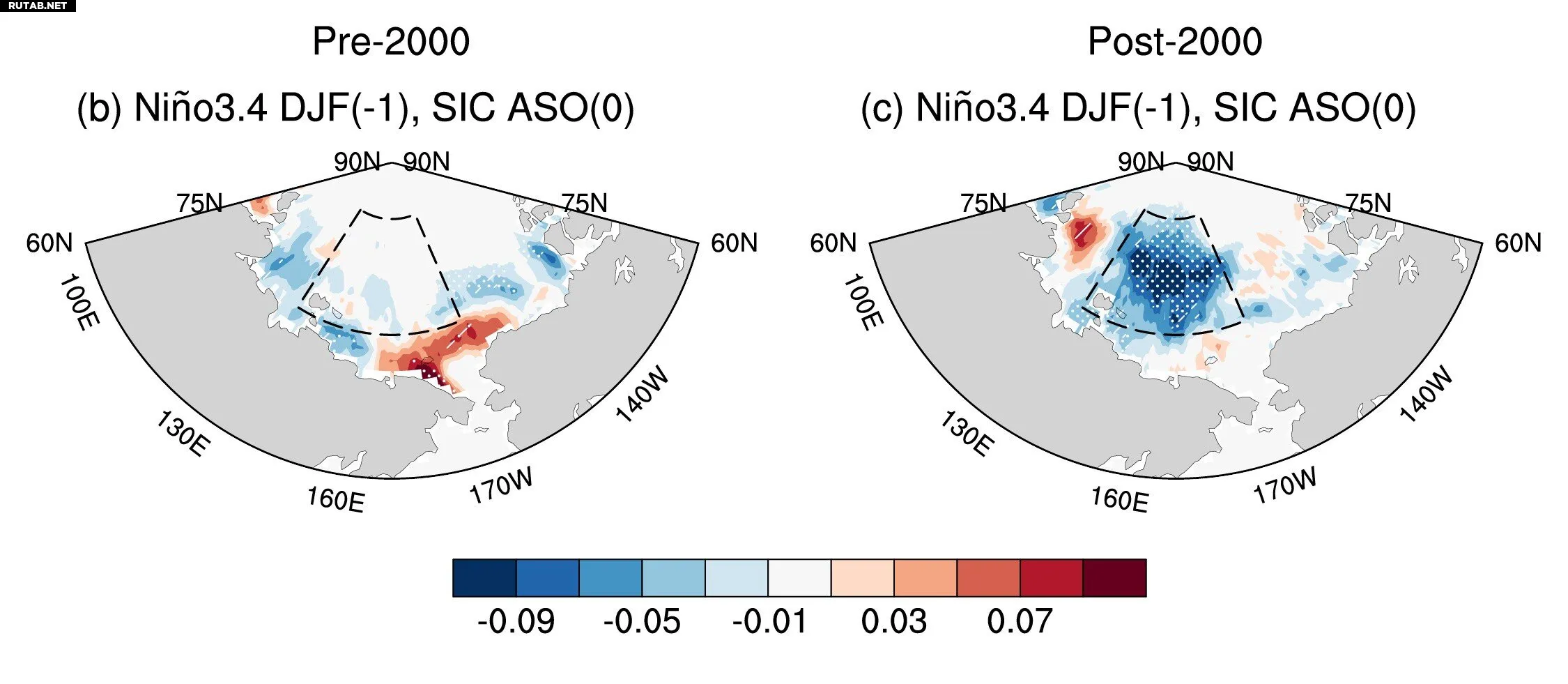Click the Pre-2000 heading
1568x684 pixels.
[391, 42]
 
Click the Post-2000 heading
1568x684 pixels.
[1175, 42]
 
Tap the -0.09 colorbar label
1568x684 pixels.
[516, 621]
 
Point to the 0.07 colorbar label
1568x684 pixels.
[1020, 621]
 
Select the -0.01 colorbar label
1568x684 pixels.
[769, 621]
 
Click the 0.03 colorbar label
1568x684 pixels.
[894, 621]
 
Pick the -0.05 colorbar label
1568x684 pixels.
[642, 621]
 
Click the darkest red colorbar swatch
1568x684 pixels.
[1114, 578]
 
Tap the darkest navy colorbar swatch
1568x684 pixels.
[484, 578]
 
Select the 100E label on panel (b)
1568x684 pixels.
[79, 303]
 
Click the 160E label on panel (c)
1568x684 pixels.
[1119, 500]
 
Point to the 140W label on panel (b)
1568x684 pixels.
[642, 395]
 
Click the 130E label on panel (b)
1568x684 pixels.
[183, 433]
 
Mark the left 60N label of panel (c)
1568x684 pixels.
[833, 243]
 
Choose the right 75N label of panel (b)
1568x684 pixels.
[584, 204]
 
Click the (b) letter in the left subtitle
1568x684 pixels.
[100, 109]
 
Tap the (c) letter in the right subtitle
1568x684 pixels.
[883, 109]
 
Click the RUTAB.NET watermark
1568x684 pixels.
[38, 6]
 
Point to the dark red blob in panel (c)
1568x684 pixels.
[1082, 234]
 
